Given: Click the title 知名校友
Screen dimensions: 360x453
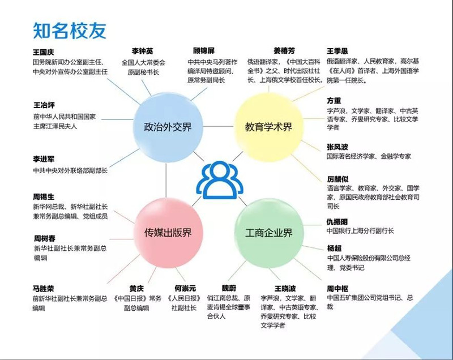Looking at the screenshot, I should [x=70, y=29].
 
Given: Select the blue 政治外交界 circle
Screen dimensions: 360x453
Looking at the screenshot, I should [x=164, y=127].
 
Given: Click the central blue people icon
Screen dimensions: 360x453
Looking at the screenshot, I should [x=217, y=179].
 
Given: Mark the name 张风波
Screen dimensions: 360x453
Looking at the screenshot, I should [x=338, y=147].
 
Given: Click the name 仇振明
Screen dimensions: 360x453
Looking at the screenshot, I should [x=338, y=221].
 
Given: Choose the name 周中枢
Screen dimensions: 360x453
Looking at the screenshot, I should [x=338, y=288].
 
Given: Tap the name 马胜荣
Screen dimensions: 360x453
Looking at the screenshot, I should [x=44, y=288].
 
